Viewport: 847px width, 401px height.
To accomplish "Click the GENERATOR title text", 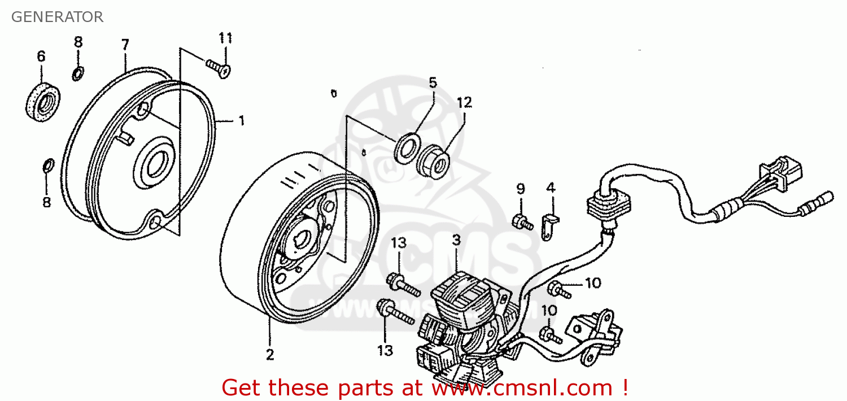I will pos(57,17).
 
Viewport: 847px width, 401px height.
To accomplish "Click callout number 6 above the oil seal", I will pos(41,56).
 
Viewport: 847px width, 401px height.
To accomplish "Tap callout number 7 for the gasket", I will pos(125,44).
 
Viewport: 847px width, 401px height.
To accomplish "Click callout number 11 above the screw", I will pos(226,38).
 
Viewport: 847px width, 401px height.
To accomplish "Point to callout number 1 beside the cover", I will pos(241,121).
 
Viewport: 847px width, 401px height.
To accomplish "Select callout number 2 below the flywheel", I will pos(270,355).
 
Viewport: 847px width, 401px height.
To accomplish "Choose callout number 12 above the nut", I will pos(464,103).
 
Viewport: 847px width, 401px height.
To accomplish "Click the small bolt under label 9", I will pos(522,222).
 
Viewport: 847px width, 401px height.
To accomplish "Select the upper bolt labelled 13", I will pos(403,286).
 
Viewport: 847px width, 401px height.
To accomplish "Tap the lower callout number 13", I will pos(385,351).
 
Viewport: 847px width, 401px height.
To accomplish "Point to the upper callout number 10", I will pos(593,283).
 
